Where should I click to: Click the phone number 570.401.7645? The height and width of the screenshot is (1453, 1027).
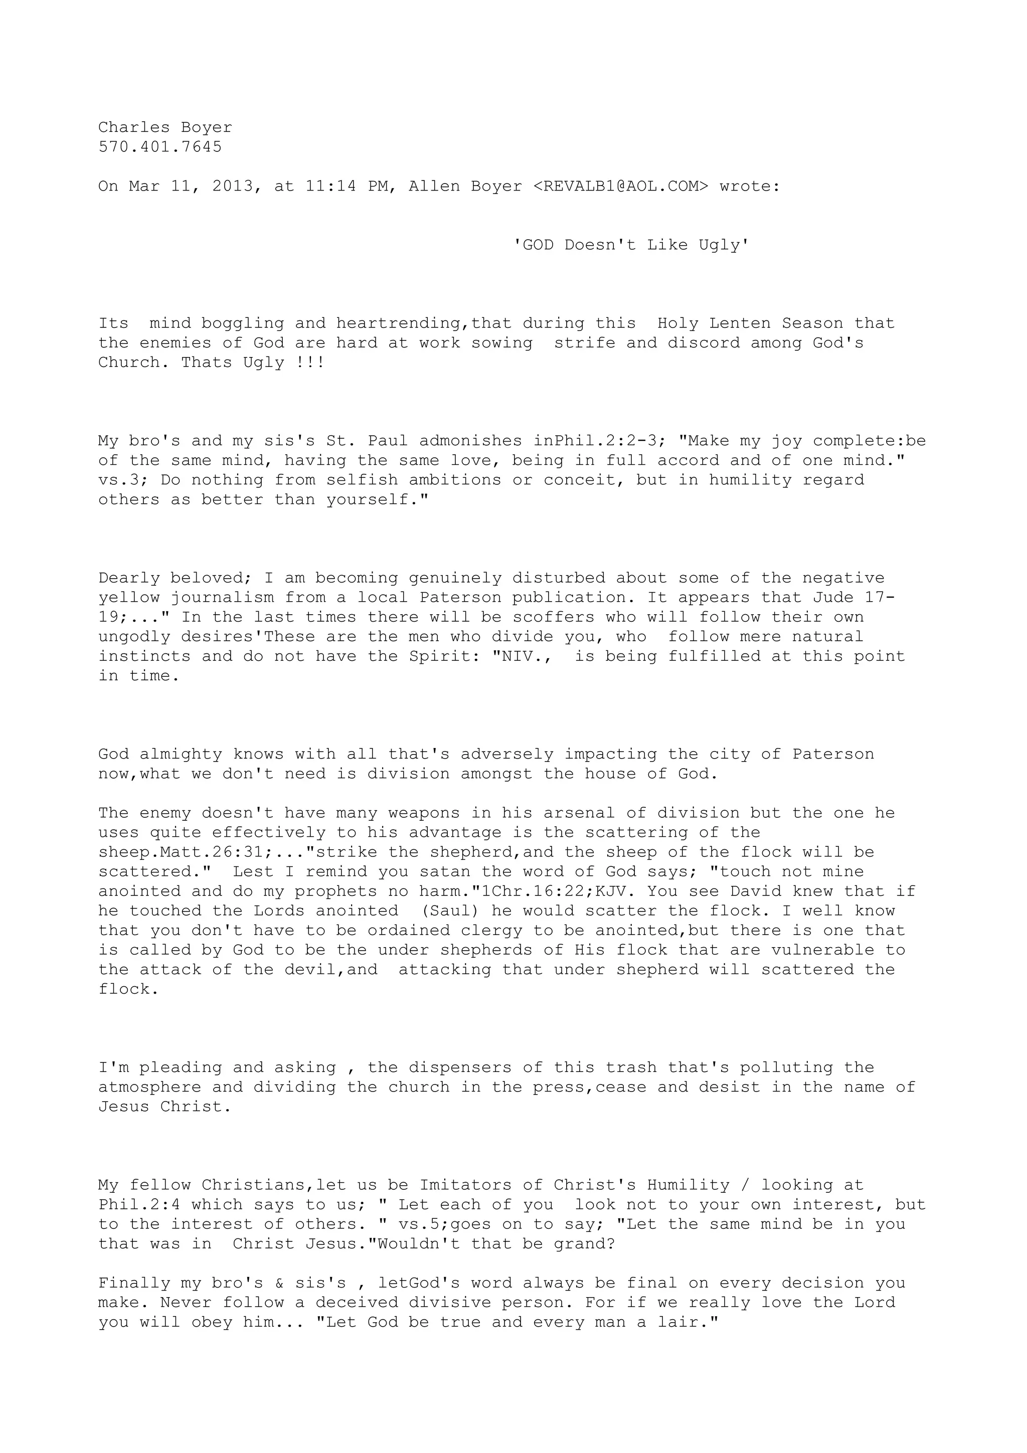160,147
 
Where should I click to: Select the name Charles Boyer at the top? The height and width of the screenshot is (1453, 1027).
165,128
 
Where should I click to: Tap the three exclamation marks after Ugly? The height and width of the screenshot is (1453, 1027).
310,362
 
